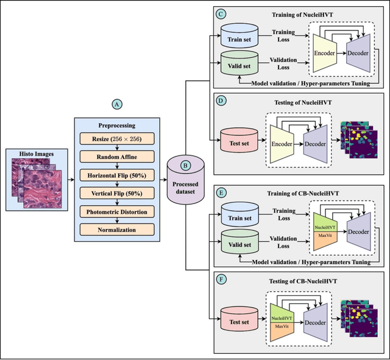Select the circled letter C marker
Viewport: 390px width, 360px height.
pos(221,13)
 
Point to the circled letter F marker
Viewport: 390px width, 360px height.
pos(221,281)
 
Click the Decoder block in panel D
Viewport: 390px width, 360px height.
pos(315,145)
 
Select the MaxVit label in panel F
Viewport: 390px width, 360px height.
pos(282,326)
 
